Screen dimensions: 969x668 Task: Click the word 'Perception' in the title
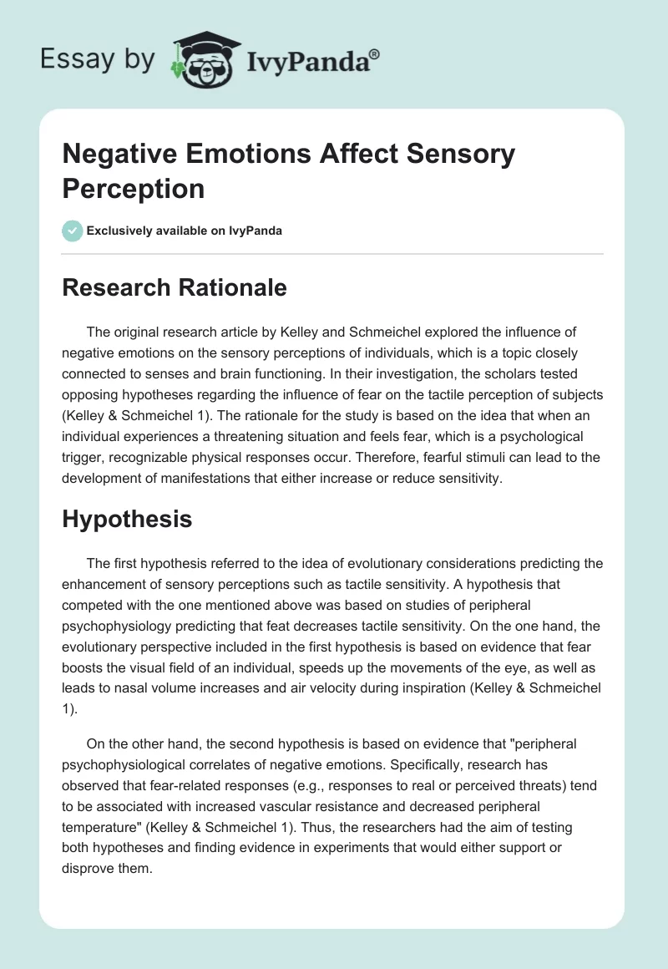(x=134, y=188)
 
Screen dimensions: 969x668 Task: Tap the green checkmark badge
(x=73, y=231)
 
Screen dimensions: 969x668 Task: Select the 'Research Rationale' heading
(x=175, y=287)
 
